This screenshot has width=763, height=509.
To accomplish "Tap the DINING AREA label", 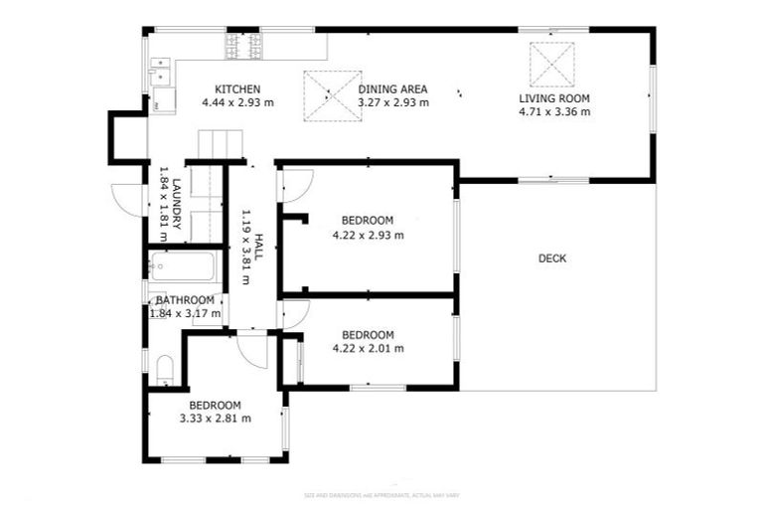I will [x=392, y=88].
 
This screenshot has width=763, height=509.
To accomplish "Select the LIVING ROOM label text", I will [x=554, y=98].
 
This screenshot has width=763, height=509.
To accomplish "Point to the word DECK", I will [x=552, y=258].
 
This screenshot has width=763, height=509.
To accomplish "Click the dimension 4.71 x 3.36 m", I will [x=554, y=112].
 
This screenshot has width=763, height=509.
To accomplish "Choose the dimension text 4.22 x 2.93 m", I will [x=368, y=235].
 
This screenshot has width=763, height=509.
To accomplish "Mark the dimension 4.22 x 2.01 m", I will [x=368, y=348].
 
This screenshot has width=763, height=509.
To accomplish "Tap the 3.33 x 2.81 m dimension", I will [x=215, y=419].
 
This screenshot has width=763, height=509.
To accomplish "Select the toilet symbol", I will [x=165, y=371].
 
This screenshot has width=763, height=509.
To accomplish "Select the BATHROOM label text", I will [x=183, y=300].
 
